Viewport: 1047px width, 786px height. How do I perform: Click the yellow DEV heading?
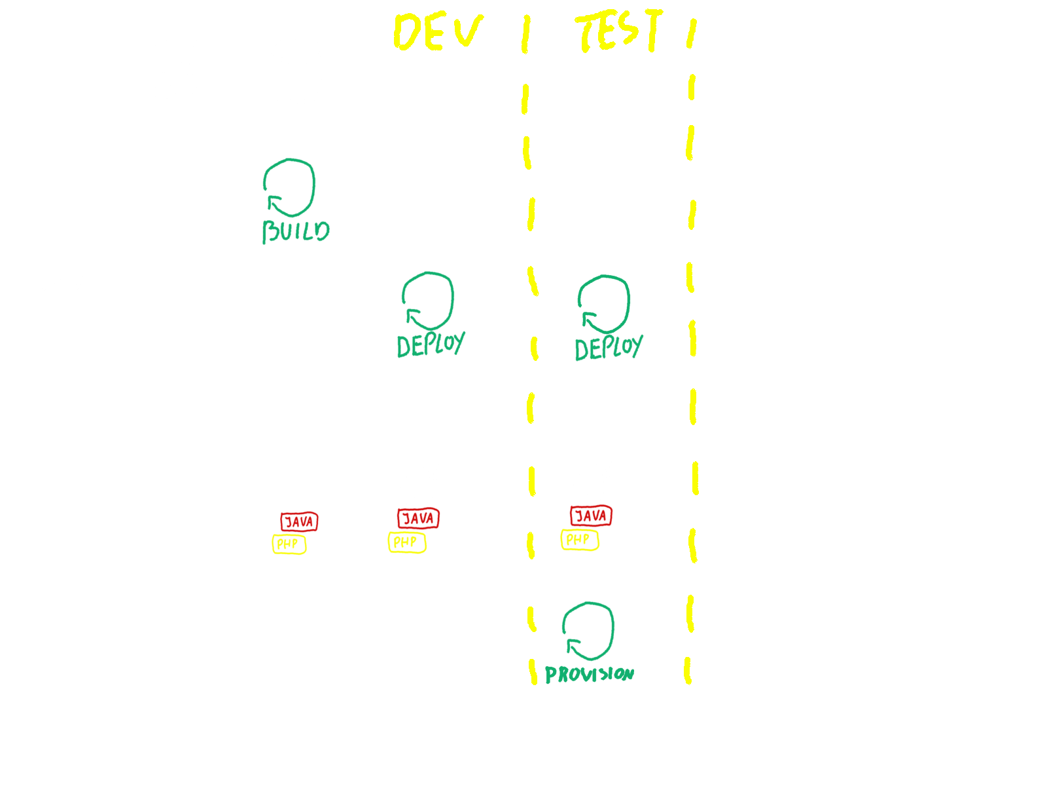coord(437,33)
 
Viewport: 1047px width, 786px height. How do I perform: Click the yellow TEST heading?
coord(618,31)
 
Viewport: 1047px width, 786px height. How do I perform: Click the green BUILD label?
coord(296,232)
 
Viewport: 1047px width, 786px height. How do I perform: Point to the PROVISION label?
coord(589,674)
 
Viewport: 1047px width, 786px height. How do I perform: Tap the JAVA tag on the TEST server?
coord(591,516)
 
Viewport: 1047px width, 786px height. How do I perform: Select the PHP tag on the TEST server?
coord(579,540)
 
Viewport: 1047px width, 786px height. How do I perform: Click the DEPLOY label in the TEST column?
coord(608,348)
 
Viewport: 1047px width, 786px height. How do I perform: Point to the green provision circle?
coord(588,631)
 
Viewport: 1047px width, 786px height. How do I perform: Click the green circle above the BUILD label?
coord(289,187)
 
